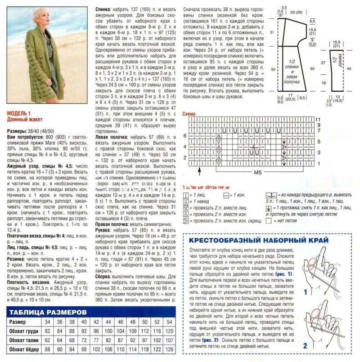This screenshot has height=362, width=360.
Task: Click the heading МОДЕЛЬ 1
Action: click(18, 114)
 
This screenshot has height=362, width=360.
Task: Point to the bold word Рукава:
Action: click(104, 229)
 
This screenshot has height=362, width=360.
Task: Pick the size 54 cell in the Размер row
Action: click(168, 323)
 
